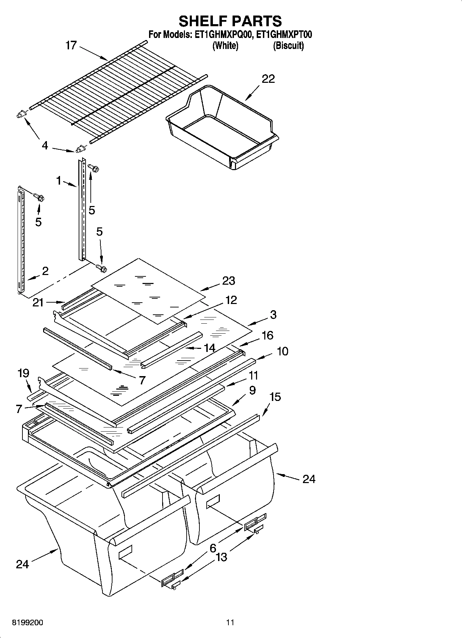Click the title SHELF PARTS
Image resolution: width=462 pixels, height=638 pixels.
coord(230,21)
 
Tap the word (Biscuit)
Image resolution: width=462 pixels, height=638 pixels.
coord(288,46)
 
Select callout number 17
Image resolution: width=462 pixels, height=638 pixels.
coord(71,45)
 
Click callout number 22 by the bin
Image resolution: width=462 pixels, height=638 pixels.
coord(268,79)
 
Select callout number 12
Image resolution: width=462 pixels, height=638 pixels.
coord(231,300)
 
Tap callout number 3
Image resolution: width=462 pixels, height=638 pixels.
coord(273,314)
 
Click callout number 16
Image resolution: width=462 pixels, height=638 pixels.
coord(267,335)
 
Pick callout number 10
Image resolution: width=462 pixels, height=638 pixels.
coord(283,351)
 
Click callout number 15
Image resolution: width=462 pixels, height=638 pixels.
coord(275,397)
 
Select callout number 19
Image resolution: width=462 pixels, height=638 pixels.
coord(23,373)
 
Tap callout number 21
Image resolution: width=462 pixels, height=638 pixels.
coord(38,303)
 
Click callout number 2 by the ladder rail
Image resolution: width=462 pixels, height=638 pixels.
coord(45,271)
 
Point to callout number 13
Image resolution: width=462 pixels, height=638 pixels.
coord(221,557)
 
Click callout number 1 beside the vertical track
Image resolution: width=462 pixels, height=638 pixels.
coord(59,180)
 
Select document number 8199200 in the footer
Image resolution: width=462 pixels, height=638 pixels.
coord(28,623)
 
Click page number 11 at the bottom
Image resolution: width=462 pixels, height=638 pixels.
coord(230,622)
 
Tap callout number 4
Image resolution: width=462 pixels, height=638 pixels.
coord(45,146)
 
